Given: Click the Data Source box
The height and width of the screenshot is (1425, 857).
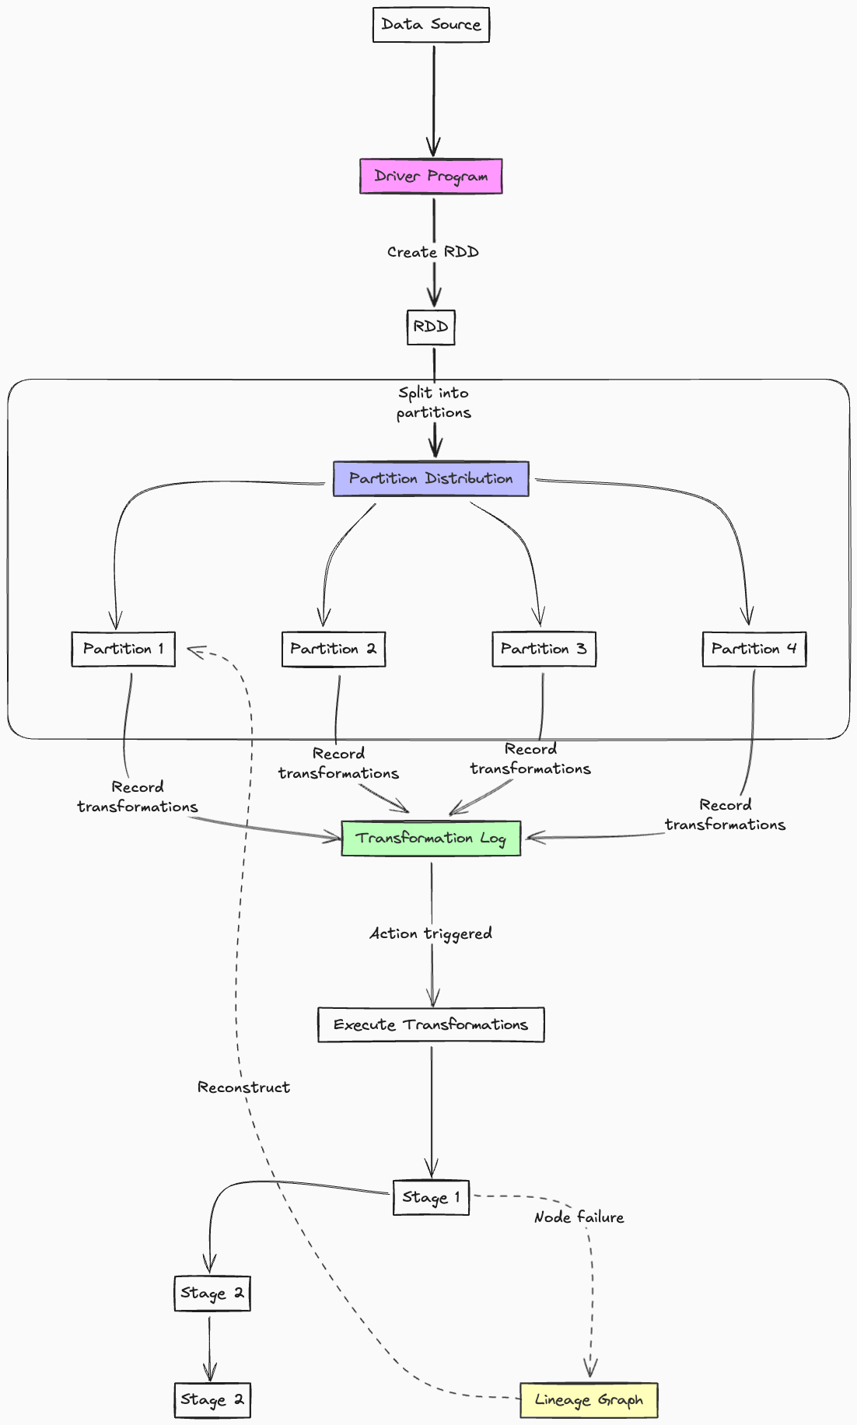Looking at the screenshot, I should (x=431, y=25).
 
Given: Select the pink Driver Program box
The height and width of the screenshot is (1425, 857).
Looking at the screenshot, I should (x=431, y=177).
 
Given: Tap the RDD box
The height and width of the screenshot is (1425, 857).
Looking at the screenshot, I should (x=431, y=327).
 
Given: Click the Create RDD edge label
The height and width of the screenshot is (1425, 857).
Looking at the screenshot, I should (x=432, y=252).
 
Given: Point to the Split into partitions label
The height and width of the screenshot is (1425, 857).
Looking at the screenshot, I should (x=433, y=402).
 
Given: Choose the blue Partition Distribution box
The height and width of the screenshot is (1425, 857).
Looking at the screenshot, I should (x=431, y=478).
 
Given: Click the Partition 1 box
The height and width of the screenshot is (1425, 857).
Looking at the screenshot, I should (x=123, y=649).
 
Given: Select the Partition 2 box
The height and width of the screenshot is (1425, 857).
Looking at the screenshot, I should (x=333, y=649).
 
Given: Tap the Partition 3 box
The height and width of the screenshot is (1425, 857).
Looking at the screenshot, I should (x=544, y=649).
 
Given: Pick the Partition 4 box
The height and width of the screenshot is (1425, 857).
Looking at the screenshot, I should (x=754, y=649).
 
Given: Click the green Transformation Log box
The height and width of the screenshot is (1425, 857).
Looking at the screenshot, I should (x=431, y=838).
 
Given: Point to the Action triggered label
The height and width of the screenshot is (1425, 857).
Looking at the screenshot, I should (x=431, y=933).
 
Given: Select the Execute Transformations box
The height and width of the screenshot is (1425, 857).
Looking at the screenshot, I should (x=431, y=1024).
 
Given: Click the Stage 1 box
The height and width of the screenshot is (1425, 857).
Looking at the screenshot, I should (x=431, y=1197).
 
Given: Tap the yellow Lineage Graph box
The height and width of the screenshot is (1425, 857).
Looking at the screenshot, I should (x=589, y=1400).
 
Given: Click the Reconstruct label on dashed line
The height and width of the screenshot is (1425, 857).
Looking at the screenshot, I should (x=243, y=1087).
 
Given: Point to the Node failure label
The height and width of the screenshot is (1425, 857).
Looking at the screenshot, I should (x=579, y=1217).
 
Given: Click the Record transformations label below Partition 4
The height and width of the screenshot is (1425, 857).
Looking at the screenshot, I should (x=725, y=814).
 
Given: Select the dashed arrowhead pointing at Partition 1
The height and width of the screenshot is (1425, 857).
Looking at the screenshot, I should (x=192, y=649).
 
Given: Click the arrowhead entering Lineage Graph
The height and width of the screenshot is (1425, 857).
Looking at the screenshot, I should (x=590, y=1371).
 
